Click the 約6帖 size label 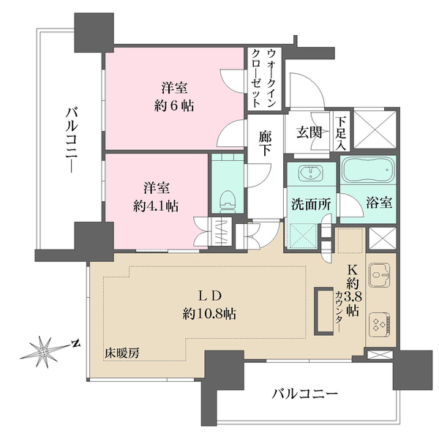point(173,104)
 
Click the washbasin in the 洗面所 point(312,174)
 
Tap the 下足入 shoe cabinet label point(341,132)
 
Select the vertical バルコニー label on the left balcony point(70,141)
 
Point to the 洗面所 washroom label point(310,206)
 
